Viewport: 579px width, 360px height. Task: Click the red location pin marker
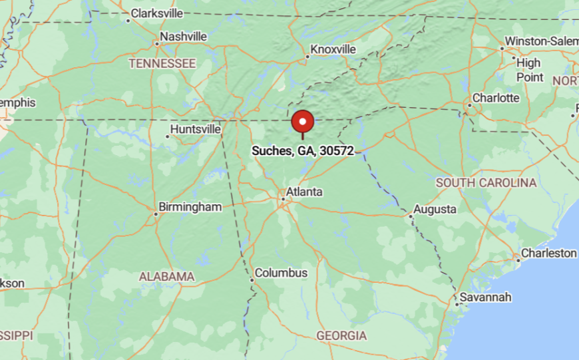pyautogui.click(x=303, y=122)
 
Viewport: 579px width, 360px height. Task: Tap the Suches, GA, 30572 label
pyautogui.click(x=303, y=151)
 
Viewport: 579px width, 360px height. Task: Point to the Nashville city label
pyautogui.click(x=184, y=37)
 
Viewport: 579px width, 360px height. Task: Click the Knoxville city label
pyautogui.click(x=333, y=49)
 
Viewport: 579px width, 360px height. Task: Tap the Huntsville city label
pyautogui.click(x=196, y=128)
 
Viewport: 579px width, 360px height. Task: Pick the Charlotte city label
pyautogui.click(x=496, y=98)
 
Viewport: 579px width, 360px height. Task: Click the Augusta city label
pyautogui.click(x=435, y=210)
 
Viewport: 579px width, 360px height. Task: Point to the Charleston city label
pyautogui.click(x=549, y=253)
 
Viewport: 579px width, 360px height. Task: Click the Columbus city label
pyautogui.click(x=282, y=273)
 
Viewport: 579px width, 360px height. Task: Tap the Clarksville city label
pyautogui.click(x=157, y=13)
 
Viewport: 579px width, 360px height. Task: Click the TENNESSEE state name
pyautogui.click(x=162, y=64)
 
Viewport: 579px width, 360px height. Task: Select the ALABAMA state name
pyautogui.click(x=166, y=276)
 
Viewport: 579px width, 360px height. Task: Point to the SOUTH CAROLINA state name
pyautogui.click(x=486, y=182)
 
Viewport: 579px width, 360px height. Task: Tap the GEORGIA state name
pyautogui.click(x=341, y=336)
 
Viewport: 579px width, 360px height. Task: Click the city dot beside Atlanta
pyautogui.click(x=283, y=198)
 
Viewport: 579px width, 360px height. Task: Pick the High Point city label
pyautogui.click(x=529, y=70)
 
